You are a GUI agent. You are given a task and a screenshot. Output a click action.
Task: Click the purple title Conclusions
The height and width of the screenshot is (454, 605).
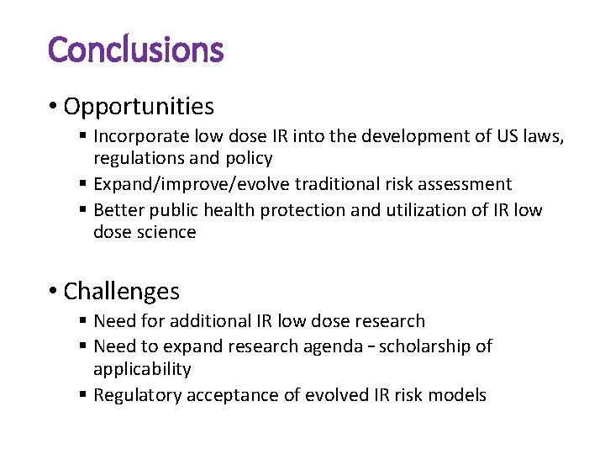click(135, 50)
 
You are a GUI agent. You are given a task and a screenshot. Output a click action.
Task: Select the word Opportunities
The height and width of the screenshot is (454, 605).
click(139, 107)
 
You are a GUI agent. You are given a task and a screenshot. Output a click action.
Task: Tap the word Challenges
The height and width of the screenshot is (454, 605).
click(121, 292)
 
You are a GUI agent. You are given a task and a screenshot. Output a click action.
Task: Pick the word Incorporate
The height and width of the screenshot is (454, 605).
click(140, 136)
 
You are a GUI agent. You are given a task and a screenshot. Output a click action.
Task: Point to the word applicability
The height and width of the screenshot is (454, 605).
click(142, 369)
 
